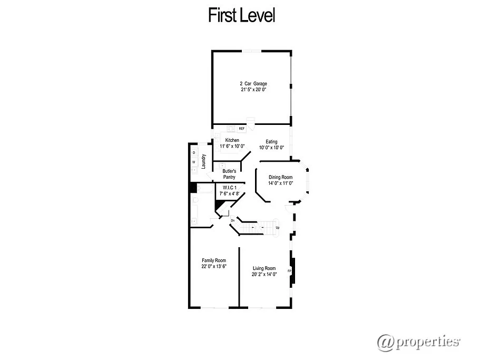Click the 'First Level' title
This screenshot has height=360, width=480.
(x=242, y=15)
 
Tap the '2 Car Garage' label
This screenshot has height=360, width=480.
(x=253, y=84)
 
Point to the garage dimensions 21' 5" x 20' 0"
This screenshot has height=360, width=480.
(x=253, y=90)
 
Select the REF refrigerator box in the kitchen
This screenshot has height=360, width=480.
(x=242, y=128)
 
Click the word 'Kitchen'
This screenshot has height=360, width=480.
(x=232, y=140)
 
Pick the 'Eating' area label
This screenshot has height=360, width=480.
(x=271, y=141)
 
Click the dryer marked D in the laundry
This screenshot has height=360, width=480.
(x=194, y=153)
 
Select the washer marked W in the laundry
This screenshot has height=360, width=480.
(x=194, y=162)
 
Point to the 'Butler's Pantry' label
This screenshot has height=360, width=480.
(x=229, y=174)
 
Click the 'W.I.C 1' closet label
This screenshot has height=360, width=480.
(x=229, y=188)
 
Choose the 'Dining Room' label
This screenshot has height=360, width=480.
(x=280, y=177)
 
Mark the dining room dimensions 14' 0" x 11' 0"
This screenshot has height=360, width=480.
(x=280, y=183)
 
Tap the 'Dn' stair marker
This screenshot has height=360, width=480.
(x=232, y=220)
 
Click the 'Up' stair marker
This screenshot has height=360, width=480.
(x=278, y=228)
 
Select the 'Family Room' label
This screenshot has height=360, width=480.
(x=214, y=260)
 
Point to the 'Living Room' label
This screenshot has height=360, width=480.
(x=264, y=268)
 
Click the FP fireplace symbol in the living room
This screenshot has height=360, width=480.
(x=289, y=271)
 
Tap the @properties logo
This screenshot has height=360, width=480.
(x=418, y=341)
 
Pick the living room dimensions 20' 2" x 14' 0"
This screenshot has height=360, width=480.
(x=264, y=275)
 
